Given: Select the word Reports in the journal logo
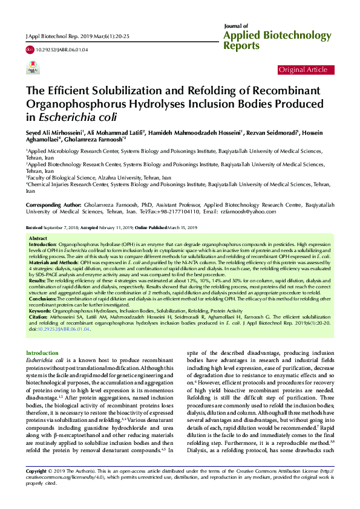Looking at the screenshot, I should point(241,46).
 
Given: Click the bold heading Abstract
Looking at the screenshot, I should point(38,239).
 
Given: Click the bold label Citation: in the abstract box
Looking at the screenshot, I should point(40,297).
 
